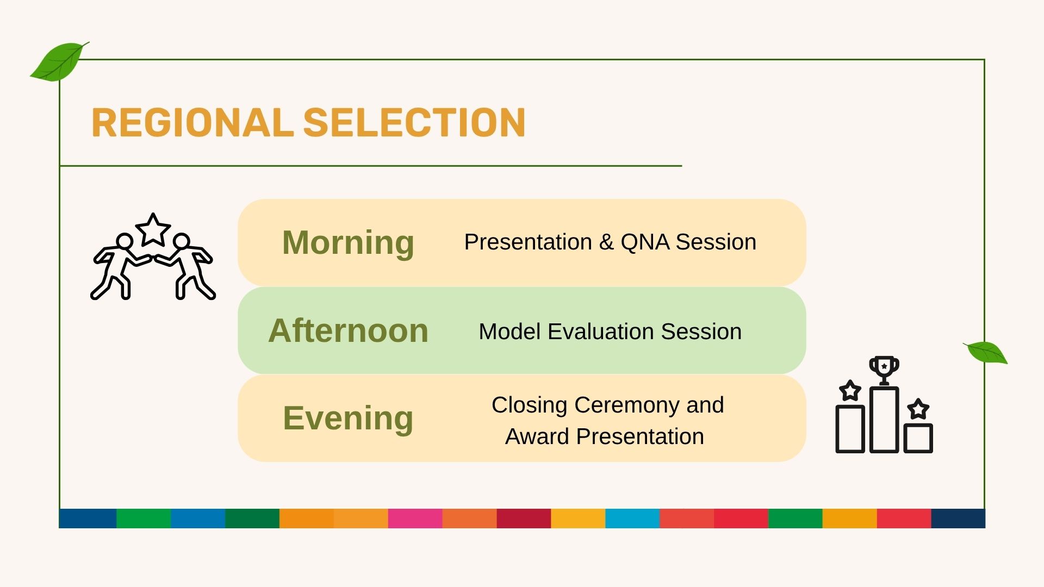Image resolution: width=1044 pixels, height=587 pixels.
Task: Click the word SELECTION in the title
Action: click(x=414, y=122)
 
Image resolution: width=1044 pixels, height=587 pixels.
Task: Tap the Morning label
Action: click(x=348, y=243)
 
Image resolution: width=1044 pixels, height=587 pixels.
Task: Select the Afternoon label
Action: click(x=348, y=330)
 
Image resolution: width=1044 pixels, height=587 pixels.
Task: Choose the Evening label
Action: click(x=348, y=419)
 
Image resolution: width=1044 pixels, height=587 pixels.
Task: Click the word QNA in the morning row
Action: click(x=645, y=242)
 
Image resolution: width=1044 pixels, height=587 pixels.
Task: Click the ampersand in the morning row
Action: click(x=606, y=242)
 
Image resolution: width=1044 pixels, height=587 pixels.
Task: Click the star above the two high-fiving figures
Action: click(x=153, y=230)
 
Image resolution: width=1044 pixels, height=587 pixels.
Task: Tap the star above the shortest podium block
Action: click(x=918, y=409)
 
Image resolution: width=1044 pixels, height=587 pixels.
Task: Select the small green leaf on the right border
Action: click(x=986, y=352)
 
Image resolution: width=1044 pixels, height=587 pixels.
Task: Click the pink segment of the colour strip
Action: click(x=415, y=519)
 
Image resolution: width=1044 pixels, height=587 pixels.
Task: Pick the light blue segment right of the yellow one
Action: click(x=632, y=519)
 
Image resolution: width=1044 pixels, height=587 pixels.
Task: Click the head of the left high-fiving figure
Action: click(x=125, y=241)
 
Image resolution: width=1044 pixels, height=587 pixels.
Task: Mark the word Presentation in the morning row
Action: click(x=528, y=242)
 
